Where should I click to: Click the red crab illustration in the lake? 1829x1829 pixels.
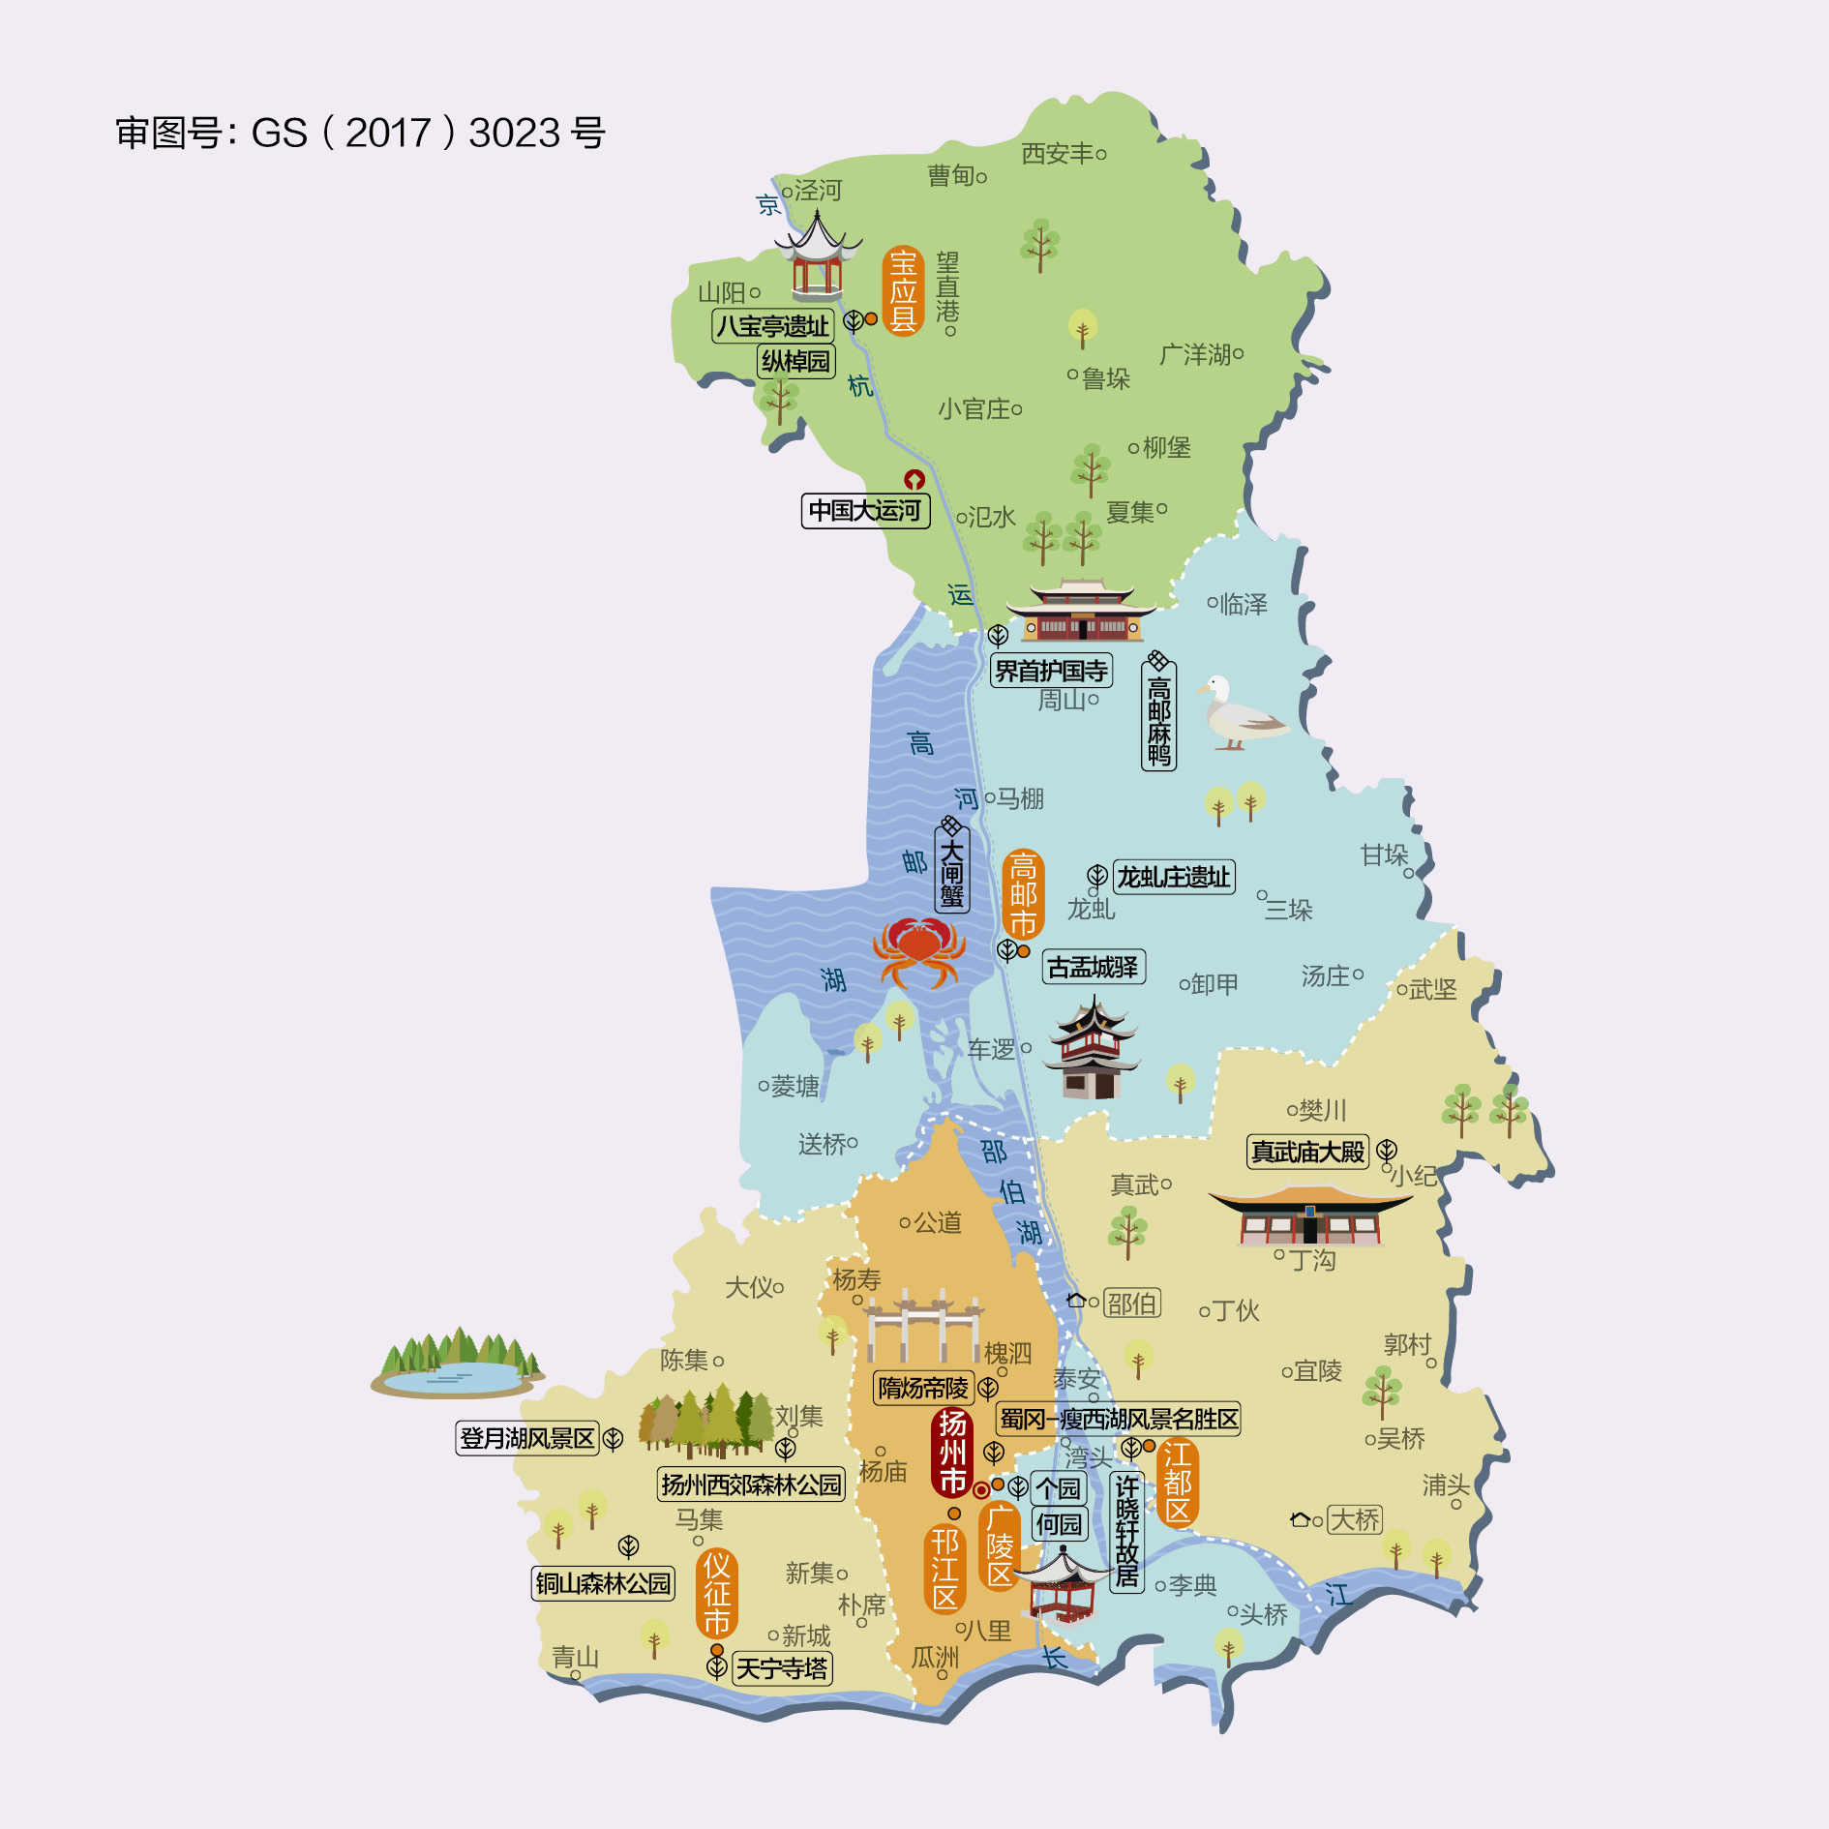click(x=917, y=951)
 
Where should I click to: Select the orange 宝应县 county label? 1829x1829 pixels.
click(x=903, y=290)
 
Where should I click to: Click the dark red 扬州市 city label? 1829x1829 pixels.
click(x=952, y=1452)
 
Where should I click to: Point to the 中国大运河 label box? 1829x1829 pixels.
click(x=865, y=510)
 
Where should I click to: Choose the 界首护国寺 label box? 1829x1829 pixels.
click(x=1051, y=670)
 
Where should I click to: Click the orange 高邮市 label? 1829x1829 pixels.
click(x=1023, y=894)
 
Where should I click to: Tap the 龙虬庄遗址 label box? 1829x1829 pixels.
click(x=1173, y=877)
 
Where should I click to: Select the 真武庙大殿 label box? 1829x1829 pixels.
click(x=1307, y=1152)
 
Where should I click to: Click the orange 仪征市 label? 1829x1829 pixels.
click(x=716, y=1593)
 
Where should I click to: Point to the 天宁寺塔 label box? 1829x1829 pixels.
click(x=782, y=1668)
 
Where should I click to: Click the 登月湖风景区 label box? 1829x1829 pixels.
click(x=527, y=1438)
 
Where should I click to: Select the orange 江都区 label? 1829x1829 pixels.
click(x=1178, y=1482)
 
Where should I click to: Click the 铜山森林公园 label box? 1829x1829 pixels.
click(x=603, y=1583)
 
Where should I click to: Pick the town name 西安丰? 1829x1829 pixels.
click(x=1057, y=153)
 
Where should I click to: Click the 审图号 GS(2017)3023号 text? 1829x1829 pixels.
click(x=360, y=133)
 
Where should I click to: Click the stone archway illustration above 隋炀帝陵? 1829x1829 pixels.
click(x=922, y=1325)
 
